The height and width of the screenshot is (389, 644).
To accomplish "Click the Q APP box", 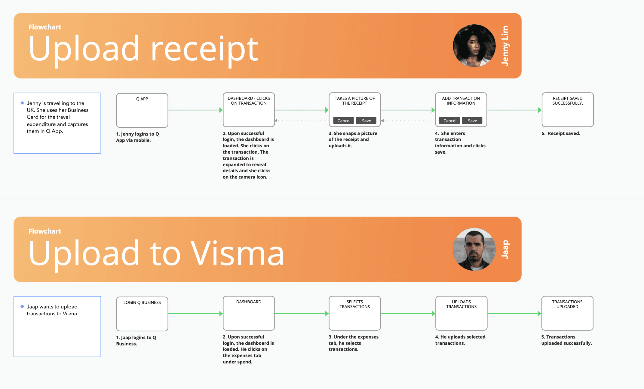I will click(x=142, y=110).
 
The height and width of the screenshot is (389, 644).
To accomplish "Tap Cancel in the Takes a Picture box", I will click(x=344, y=121).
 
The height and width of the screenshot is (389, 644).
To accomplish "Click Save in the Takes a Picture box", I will click(x=366, y=121).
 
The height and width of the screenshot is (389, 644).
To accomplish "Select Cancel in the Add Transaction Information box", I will click(x=449, y=121).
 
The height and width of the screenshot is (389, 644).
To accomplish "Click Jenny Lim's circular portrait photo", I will click(x=474, y=46).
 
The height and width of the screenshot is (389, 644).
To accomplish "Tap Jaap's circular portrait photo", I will click(x=474, y=249).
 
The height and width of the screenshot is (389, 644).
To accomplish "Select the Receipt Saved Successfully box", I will click(x=567, y=110).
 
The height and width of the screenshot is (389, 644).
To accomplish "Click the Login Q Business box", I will click(x=142, y=314).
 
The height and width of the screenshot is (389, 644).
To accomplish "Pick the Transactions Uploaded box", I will click(x=567, y=313).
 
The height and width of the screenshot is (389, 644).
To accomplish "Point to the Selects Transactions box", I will click(x=354, y=313).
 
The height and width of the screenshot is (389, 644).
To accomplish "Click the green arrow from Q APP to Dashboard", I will click(x=195, y=110).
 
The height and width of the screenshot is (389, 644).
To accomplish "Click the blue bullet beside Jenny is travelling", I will click(x=22, y=103).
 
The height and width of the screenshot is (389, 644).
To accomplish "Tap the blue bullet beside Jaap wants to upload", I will click(x=22, y=307).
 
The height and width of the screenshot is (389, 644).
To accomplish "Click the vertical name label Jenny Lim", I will click(x=505, y=46).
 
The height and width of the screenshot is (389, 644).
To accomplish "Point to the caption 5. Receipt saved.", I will click(x=561, y=133).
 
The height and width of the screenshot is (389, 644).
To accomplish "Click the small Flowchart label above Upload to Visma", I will click(x=45, y=231).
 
